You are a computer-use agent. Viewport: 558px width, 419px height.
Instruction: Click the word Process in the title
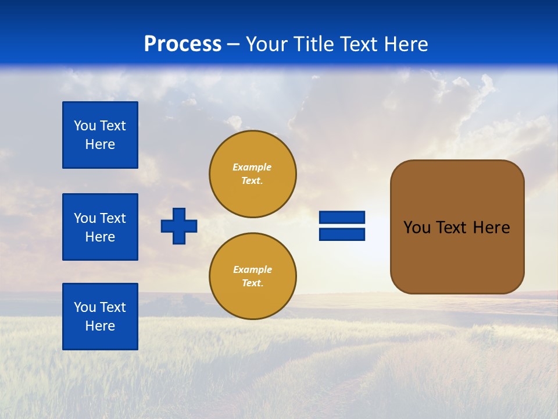point(183,44)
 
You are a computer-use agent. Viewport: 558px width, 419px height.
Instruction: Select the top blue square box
point(100,135)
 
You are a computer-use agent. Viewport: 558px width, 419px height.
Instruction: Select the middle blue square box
point(100,227)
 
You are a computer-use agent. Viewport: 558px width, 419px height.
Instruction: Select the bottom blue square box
point(100,317)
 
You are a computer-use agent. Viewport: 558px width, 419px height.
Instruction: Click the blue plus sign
point(179,226)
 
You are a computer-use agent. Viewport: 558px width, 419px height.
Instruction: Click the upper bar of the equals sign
point(342,218)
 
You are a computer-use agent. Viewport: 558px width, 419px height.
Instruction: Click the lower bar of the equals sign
point(342,234)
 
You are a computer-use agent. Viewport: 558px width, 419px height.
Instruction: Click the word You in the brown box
point(417,228)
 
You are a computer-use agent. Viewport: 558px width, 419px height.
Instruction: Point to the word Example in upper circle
point(252,167)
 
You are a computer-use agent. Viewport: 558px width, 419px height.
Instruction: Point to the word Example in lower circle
point(252,269)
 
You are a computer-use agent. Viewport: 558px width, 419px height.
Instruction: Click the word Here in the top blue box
point(100,144)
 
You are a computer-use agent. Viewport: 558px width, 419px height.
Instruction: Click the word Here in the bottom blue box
point(100,326)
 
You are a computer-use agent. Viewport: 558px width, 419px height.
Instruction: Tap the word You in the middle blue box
point(84,218)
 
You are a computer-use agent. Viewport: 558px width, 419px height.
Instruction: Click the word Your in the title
point(266,44)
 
